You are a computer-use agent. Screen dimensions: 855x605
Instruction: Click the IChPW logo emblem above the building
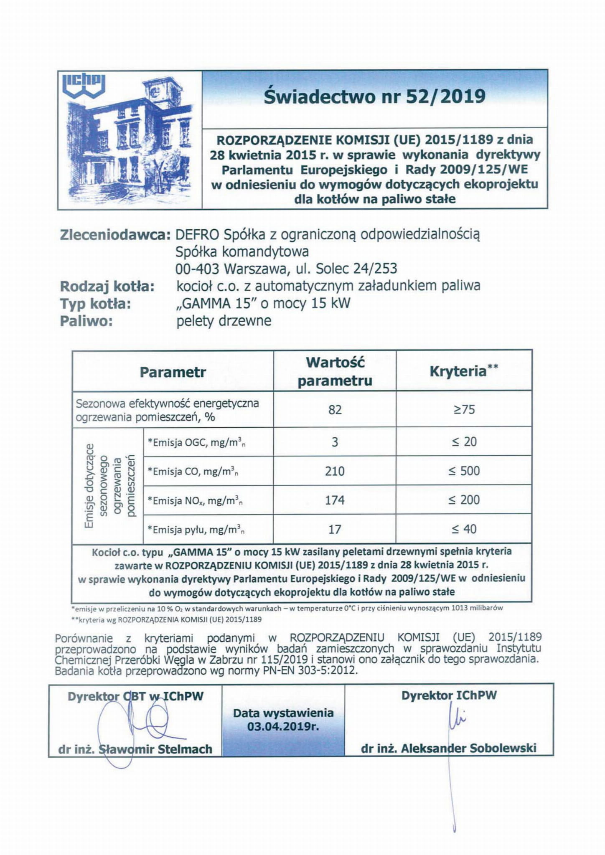(84, 84)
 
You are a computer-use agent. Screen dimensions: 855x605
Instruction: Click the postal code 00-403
(196, 269)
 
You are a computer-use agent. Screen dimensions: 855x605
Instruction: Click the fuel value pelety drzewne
(224, 321)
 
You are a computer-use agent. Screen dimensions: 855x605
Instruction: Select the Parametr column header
(173, 372)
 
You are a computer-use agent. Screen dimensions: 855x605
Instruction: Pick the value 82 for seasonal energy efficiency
(335, 410)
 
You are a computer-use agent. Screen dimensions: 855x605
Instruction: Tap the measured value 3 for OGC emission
(335, 442)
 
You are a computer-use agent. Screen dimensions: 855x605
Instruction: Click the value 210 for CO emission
(335, 471)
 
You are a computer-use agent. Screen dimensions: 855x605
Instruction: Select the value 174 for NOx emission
(335, 500)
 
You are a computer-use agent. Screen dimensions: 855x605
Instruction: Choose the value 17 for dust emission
(335, 529)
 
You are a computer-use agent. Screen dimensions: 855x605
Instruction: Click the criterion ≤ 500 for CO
(464, 471)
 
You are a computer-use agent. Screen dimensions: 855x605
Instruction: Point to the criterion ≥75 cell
(464, 410)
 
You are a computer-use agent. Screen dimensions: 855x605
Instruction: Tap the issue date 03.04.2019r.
(283, 726)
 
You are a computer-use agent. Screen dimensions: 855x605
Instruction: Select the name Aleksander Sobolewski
(468, 748)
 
